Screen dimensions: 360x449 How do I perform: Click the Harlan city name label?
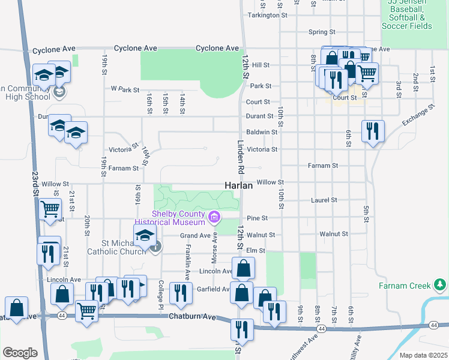pyautogui.click(x=239, y=186)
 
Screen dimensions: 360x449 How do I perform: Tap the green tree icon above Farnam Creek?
pyautogui.click(x=440, y=283)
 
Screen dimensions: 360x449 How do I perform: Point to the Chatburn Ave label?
pyautogui.click(x=192, y=316)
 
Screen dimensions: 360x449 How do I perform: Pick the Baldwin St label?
pyautogui.click(x=262, y=132)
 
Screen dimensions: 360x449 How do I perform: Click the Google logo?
pyautogui.click(x=20, y=353)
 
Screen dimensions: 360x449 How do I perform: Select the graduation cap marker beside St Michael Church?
pyautogui.click(x=145, y=236)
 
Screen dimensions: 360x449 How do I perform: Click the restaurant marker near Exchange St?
pyautogui.click(x=373, y=131)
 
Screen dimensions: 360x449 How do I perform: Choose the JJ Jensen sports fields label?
pyautogui.click(x=410, y=14)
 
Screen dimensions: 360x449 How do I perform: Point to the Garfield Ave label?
pyautogui.click(x=213, y=289)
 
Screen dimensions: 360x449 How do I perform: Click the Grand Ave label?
pyautogui.click(x=196, y=235)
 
